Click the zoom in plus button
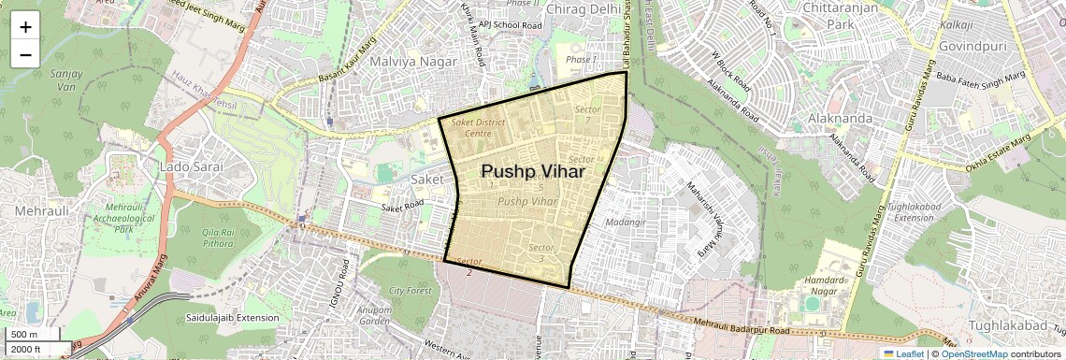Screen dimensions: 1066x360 pos(25,27)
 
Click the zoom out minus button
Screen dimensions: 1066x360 pos(25,54)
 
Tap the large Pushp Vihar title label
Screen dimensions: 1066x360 pos(533,172)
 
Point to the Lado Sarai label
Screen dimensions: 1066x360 pos(192,166)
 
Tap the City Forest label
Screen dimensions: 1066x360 pos(411,291)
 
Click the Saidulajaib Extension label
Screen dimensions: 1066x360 pos(232,318)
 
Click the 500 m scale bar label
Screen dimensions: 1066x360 pos(25,335)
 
